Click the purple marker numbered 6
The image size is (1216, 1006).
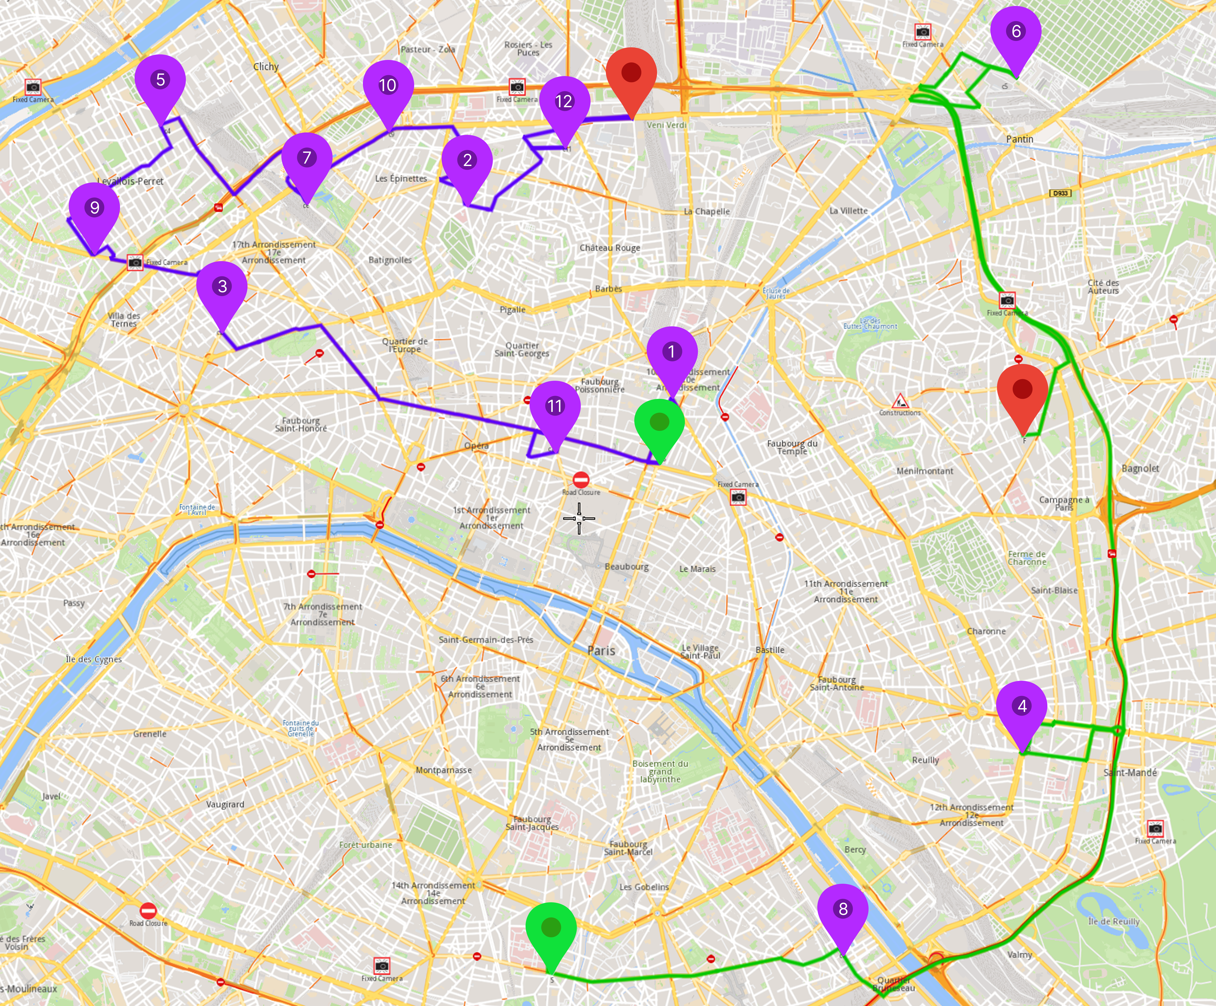[x=1016, y=32]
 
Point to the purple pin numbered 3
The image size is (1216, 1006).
[x=222, y=287]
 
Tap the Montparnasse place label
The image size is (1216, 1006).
[x=444, y=770]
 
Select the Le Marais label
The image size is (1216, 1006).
[x=697, y=569]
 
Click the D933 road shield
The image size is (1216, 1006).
[x=1060, y=193]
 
